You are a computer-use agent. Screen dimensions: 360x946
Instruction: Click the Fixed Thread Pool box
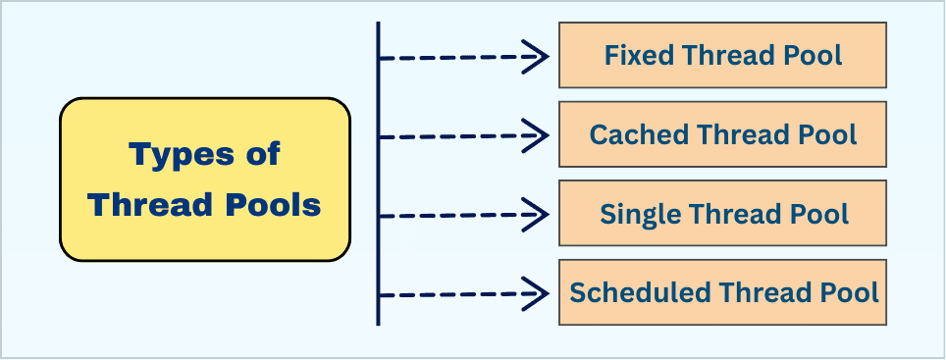click(x=723, y=55)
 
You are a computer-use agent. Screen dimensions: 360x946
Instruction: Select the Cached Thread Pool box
click(x=723, y=134)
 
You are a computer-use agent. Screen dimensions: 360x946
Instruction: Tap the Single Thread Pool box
click(x=723, y=213)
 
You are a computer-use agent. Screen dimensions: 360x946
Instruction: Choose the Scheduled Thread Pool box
click(x=723, y=292)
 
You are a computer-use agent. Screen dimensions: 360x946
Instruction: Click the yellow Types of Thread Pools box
click(x=205, y=180)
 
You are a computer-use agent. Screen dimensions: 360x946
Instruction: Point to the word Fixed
click(x=633, y=55)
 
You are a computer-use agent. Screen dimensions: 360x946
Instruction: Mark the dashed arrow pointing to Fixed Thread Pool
click(x=461, y=57)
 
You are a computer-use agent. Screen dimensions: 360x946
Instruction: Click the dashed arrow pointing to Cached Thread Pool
click(x=461, y=135)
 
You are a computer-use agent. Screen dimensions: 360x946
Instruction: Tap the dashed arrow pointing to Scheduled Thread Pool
click(x=461, y=292)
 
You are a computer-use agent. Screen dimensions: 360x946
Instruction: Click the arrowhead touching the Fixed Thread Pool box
click(x=538, y=57)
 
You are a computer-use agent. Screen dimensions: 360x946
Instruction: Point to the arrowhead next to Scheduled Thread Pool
click(x=538, y=292)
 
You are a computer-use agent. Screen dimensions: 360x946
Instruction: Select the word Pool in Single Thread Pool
click(x=820, y=213)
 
